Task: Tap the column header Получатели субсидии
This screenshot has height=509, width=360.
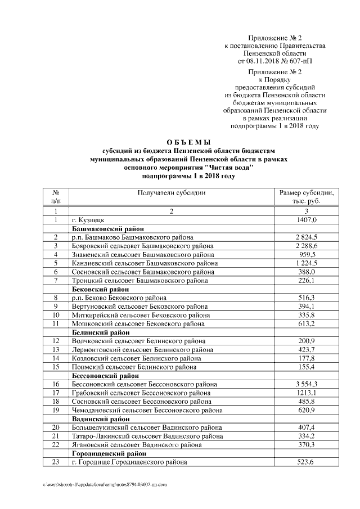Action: pyautogui.click(x=171, y=193)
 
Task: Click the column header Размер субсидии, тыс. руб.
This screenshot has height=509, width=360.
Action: pyautogui.click(x=307, y=197)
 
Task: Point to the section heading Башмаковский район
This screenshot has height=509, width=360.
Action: pyautogui.click(x=107, y=229)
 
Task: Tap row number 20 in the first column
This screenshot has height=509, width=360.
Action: pyautogui.click(x=56, y=427)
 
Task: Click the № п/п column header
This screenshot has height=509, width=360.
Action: pyautogui.click(x=56, y=197)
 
